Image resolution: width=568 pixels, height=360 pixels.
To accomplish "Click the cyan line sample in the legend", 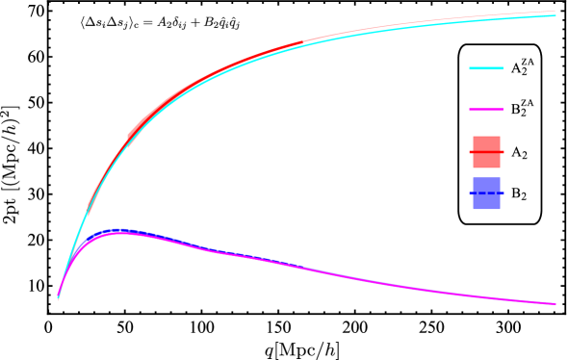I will pyautogui.click(x=486, y=68).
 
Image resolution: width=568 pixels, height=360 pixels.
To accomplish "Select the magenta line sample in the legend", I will pyautogui.click(x=486, y=109).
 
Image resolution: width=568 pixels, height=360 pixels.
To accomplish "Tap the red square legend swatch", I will pyautogui.click(x=486, y=152).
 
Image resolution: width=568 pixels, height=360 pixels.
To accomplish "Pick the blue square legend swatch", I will pyautogui.click(x=486, y=193).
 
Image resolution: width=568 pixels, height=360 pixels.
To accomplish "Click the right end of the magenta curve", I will pyautogui.click(x=555, y=303).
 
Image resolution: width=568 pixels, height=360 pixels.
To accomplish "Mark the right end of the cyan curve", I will pyautogui.click(x=555, y=15).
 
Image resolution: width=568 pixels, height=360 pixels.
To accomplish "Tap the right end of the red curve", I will pyautogui.click(x=555, y=12).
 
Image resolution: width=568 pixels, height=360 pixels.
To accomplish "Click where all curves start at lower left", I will pyautogui.click(x=58, y=298).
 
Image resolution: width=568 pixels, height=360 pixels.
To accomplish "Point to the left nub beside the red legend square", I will pyautogui.click(x=471, y=152).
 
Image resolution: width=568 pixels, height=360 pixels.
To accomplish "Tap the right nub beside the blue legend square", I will pyautogui.click(x=502, y=193).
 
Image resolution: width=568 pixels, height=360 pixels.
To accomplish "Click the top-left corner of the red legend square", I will pyautogui.click(x=474, y=137).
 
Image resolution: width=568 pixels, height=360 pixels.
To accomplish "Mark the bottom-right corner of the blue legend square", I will pyautogui.click(x=500, y=208).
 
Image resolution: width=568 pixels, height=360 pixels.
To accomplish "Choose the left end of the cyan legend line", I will pyautogui.click(x=470, y=68).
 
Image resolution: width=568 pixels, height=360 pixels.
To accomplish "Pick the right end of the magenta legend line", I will pyautogui.click(x=503, y=109).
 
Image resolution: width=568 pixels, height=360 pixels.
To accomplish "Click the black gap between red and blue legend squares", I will pyautogui.click(x=486, y=172).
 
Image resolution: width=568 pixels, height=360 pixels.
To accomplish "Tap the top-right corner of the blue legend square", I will pyautogui.click(x=500, y=178).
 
